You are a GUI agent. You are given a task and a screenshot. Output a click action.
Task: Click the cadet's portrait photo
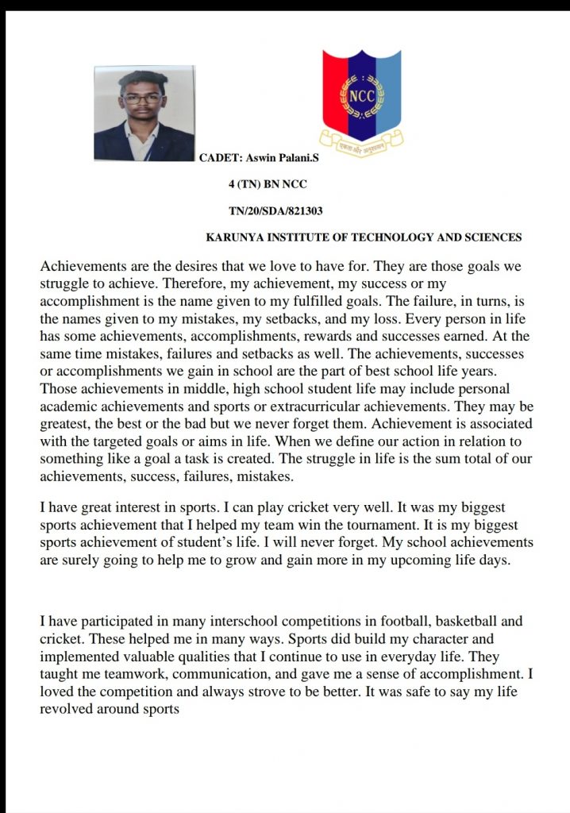[144, 114]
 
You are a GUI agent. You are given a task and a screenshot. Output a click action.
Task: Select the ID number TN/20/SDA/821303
[275, 210]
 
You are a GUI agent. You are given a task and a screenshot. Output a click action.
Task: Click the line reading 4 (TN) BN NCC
[268, 185]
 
